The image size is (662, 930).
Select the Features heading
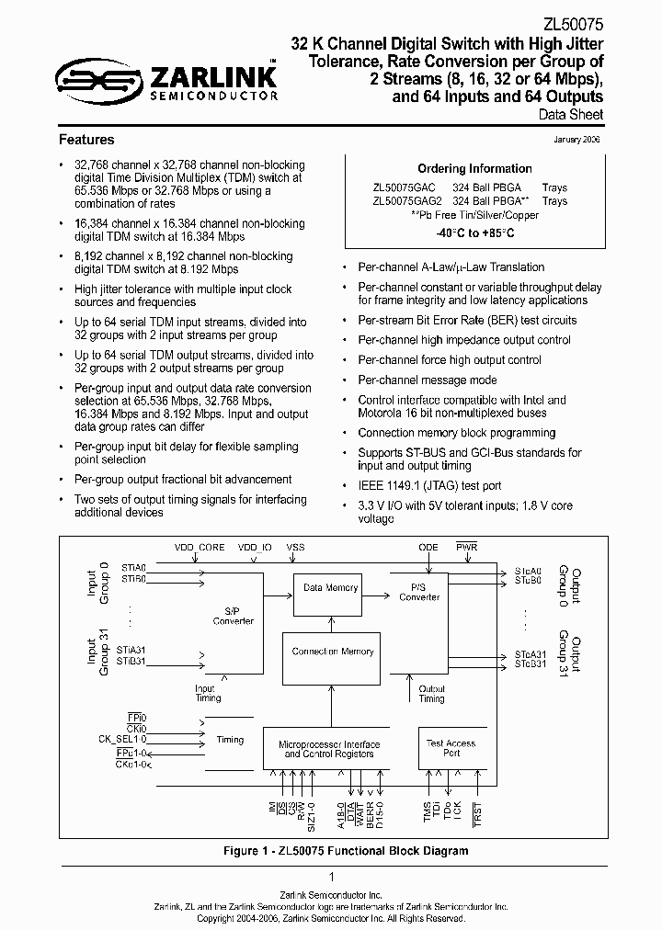click(x=86, y=140)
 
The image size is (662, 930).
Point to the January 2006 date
click(x=577, y=139)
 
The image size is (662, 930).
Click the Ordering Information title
click(x=474, y=168)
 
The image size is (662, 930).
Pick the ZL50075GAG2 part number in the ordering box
click(x=407, y=200)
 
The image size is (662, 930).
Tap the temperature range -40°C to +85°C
click(x=475, y=232)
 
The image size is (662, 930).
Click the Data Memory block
click(x=330, y=588)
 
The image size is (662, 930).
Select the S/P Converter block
click(x=233, y=615)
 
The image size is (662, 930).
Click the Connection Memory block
click(x=333, y=652)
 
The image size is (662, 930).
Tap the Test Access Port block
click(x=451, y=747)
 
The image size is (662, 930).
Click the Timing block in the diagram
click(x=230, y=739)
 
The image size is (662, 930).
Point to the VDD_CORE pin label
click(x=200, y=548)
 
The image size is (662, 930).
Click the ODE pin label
click(x=428, y=548)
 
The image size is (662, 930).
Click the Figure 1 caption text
click(x=346, y=851)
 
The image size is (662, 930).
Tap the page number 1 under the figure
click(x=331, y=877)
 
